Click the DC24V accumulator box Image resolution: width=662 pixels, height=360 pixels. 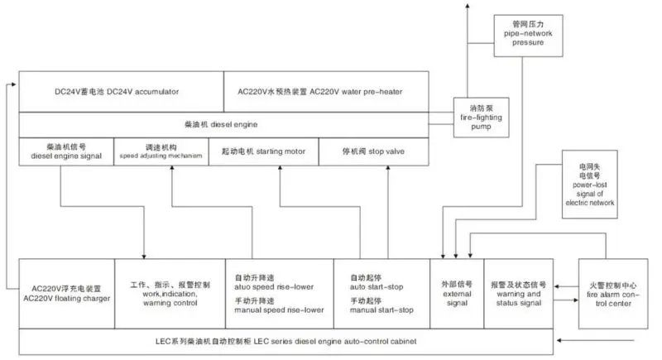coord(121,90)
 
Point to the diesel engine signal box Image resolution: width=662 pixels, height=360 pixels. coord(65,151)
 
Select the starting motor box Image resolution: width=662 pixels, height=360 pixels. coord(276,151)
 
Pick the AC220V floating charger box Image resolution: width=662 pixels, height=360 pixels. coord(65,293)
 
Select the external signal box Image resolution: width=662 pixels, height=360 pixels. coord(455,293)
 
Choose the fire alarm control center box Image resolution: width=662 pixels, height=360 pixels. coord(612,293)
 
